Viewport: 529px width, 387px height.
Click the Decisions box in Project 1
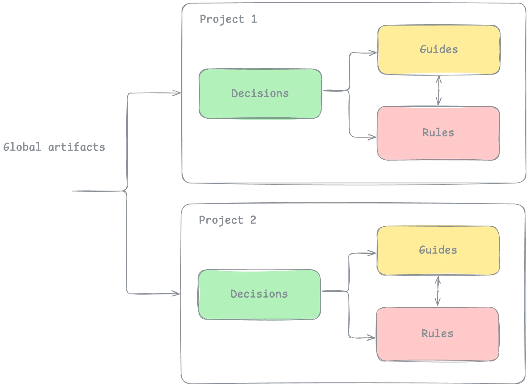(260, 94)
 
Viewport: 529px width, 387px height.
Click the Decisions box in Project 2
(259, 294)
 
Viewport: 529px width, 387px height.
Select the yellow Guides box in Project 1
(438, 49)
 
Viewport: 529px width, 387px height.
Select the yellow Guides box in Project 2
(438, 250)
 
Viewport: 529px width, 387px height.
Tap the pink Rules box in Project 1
(438, 133)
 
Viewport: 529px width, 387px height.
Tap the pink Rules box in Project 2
(437, 333)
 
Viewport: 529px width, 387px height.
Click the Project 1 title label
(228, 18)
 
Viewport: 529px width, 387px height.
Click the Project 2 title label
(228, 220)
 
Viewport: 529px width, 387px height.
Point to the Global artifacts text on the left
(54, 147)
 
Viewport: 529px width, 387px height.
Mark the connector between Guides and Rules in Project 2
(437, 291)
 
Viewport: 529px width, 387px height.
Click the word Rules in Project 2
(437, 333)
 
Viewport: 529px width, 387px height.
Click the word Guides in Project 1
(438, 49)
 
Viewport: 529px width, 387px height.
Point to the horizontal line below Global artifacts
(97, 191)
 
